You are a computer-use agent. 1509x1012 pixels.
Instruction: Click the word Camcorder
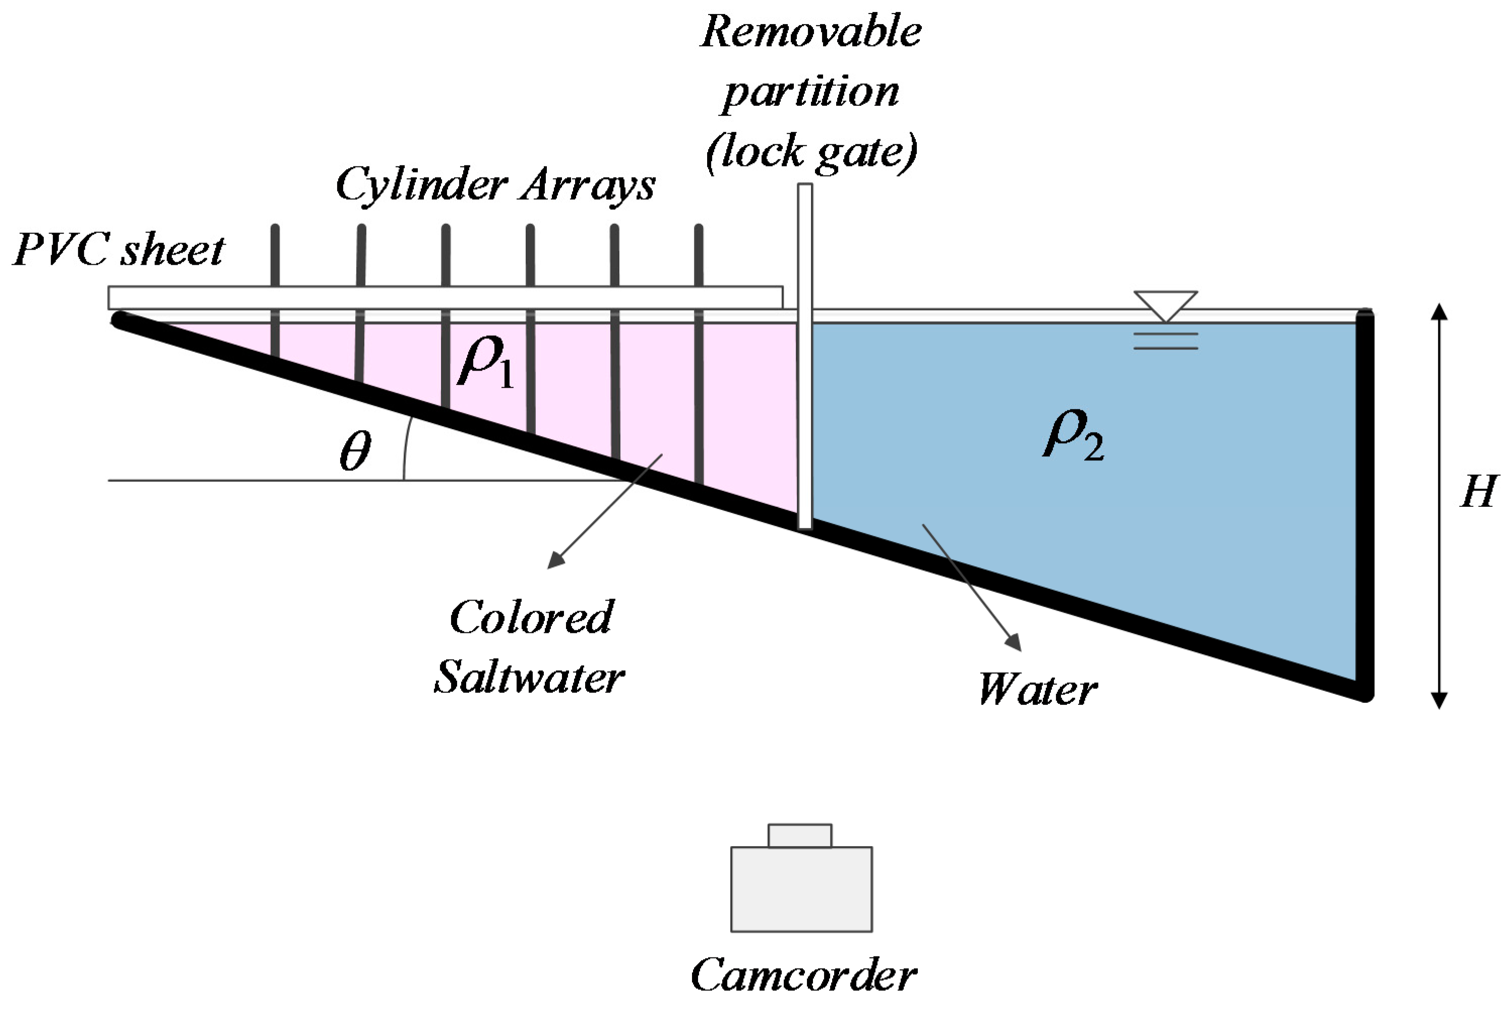[803, 975]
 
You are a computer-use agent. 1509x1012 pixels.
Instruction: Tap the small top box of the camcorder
[799, 836]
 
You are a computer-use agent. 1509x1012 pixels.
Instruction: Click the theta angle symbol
[355, 450]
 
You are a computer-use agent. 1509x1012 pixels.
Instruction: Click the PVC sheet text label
[119, 250]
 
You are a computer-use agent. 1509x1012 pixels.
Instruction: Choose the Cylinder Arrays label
[495, 185]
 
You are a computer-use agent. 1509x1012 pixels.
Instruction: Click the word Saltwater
[529, 677]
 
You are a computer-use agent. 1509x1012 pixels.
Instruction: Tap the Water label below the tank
[1037, 689]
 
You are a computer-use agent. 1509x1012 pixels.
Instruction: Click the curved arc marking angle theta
[406, 449]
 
